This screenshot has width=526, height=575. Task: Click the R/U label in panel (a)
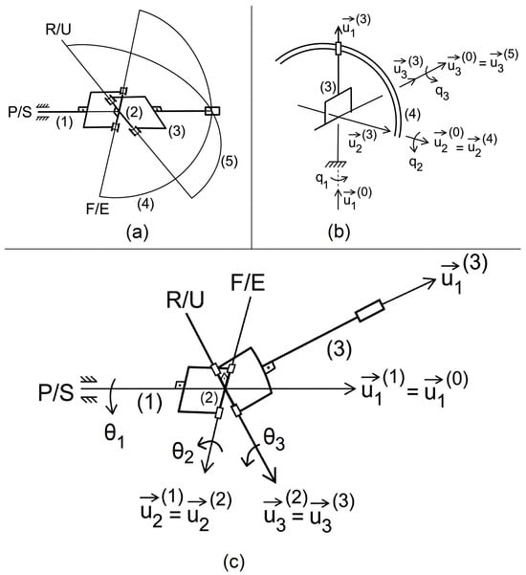click(58, 29)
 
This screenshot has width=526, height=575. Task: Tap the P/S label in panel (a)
click(20, 112)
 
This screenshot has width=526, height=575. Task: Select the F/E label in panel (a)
click(98, 209)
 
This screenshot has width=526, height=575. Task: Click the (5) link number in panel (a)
click(230, 162)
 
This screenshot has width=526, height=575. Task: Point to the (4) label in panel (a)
click(145, 204)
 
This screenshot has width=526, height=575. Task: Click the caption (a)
click(137, 232)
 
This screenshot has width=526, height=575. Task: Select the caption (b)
click(340, 232)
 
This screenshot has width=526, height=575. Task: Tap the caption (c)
click(233, 561)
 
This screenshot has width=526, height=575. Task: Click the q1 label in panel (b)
click(321, 180)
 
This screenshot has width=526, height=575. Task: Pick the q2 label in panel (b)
click(416, 164)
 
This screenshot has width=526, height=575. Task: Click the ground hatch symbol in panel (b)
click(338, 165)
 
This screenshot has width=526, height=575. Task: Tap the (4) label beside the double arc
click(412, 115)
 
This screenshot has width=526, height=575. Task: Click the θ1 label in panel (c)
click(115, 436)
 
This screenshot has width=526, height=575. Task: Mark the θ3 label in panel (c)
click(274, 438)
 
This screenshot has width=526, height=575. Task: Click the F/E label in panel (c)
click(248, 283)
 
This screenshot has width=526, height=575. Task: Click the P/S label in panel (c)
click(56, 393)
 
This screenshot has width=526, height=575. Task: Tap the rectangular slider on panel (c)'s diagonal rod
click(370, 311)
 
